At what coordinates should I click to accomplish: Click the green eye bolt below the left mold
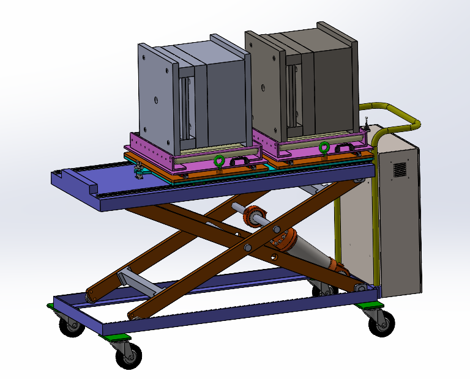(x=217, y=162)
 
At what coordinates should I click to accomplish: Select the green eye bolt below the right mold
(x=324, y=147)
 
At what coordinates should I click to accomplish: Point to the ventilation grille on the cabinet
(x=400, y=169)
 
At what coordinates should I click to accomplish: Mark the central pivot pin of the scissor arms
(x=248, y=248)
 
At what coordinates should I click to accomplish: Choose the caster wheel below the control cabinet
(x=382, y=322)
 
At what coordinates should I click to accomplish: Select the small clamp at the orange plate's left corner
(x=140, y=172)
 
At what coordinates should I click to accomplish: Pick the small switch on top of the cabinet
(x=366, y=123)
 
